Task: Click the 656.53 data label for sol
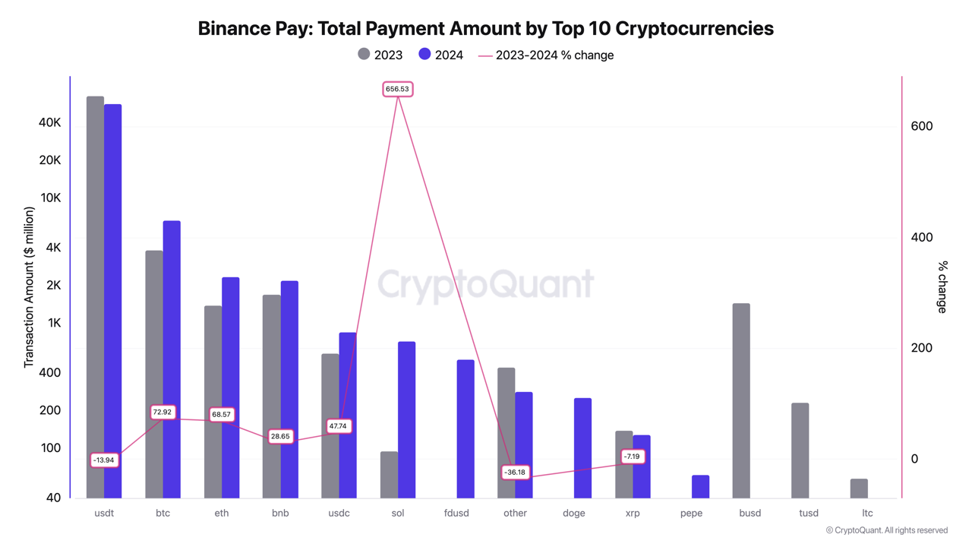397,90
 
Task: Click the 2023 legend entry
380,55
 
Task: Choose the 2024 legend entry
440,55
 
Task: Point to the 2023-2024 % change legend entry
546,55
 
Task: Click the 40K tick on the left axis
49,123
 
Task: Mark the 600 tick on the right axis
921,126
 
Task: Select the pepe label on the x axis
691,513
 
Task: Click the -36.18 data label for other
515,473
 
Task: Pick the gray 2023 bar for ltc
859,489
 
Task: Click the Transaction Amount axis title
29,287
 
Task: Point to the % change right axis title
942,287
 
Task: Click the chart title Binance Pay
485,28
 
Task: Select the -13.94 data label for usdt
104,460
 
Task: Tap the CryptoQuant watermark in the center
485,284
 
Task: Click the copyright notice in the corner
886,530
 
